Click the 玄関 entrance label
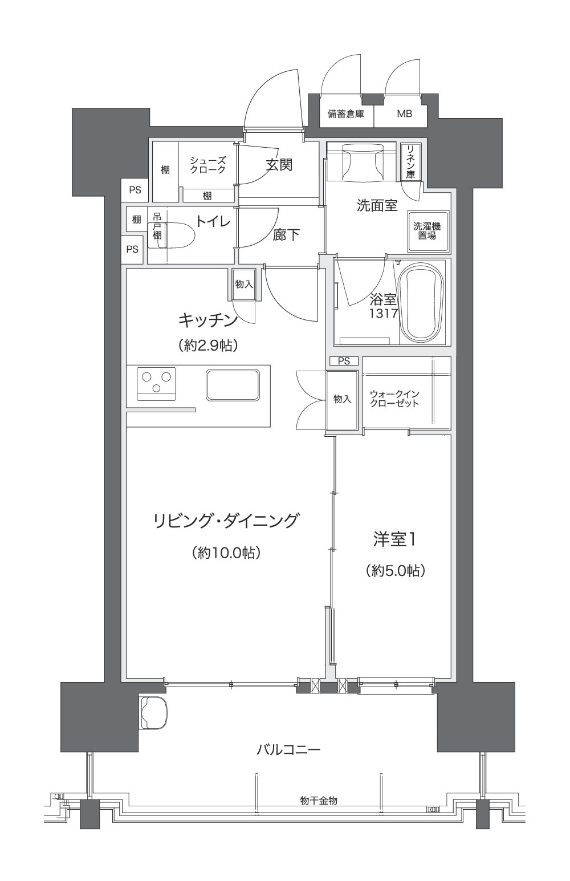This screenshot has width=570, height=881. tap(279, 165)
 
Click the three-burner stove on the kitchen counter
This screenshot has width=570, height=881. tap(156, 383)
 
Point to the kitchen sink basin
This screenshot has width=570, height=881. tap(233, 385)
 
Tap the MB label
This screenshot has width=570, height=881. tap(404, 114)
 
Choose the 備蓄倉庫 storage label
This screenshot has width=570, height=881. tap(346, 114)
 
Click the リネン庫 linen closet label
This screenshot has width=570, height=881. tap(410, 161)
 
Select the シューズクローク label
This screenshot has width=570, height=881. tap(208, 165)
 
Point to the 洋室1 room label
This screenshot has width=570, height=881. tap(394, 539)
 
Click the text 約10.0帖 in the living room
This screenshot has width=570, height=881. tap(227, 553)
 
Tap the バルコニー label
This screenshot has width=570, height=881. tap(288, 749)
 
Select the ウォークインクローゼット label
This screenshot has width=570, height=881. tap(394, 398)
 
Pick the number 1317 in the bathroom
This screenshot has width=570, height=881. tap(383, 313)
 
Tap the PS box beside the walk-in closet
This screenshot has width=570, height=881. tap(344, 360)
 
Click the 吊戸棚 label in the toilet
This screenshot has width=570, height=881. tap(157, 226)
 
